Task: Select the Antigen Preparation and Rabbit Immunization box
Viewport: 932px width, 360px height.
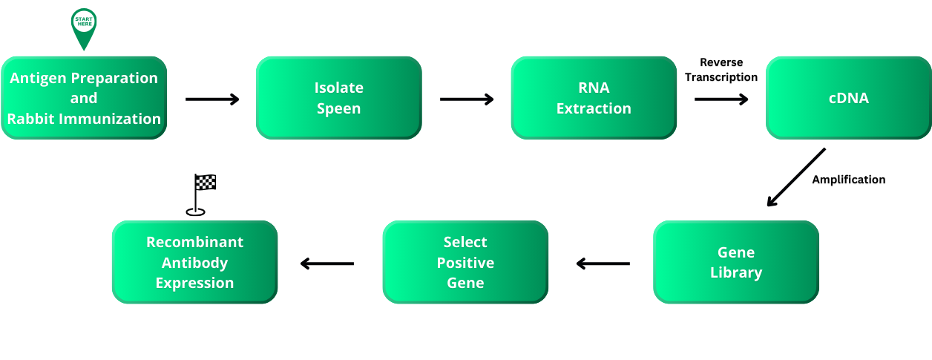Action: click(x=84, y=98)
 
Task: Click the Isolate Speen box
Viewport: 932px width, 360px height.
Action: click(x=339, y=98)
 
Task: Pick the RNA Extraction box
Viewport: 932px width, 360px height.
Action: click(x=594, y=98)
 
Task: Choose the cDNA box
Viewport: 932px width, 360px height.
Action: click(x=848, y=98)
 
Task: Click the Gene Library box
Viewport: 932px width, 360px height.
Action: click(x=736, y=262)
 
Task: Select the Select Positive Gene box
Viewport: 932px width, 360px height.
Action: click(x=465, y=262)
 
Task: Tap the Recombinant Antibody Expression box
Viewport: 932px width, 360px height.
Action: click(x=194, y=262)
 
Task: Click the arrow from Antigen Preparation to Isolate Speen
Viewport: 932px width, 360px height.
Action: click(x=212, y=99)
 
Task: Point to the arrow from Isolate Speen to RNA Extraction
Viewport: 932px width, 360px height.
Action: click(x=467, y=99)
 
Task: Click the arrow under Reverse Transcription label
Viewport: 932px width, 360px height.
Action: click(x=721, y=99)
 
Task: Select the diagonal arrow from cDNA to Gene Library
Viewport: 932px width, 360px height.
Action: click(x=795, y=177)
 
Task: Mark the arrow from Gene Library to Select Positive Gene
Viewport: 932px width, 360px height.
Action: click(x=603, y=263)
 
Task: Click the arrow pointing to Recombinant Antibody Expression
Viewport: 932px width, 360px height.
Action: click(x=327, y=263)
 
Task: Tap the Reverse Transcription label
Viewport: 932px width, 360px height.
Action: click(x=721, y=70)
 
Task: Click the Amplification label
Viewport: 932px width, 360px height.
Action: click(x=849, y=180)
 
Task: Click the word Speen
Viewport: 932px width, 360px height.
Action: click(x=339, y=108)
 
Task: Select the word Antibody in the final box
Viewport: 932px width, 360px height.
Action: click(x=194, y=263)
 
